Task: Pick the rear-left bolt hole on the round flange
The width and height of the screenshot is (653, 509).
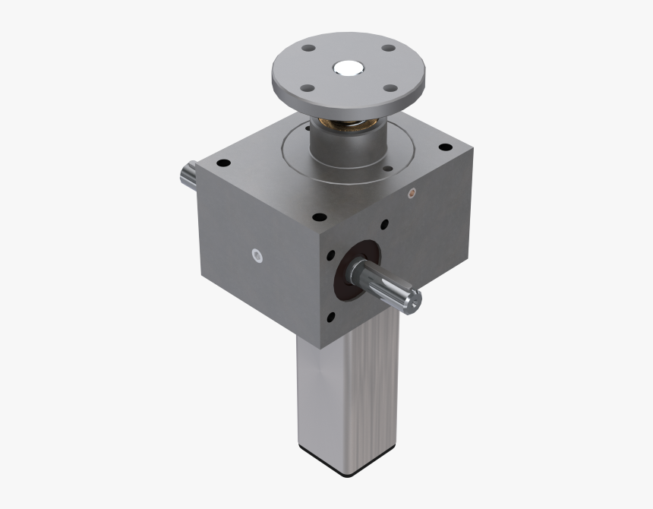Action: point(308,49)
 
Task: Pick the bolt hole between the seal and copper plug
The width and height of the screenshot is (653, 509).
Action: point(384,225)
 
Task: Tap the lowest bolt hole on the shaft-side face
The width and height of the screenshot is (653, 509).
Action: point(331,316)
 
